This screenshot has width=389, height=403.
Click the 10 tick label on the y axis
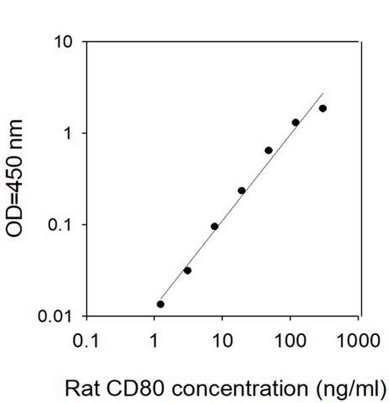(x=63, y=42)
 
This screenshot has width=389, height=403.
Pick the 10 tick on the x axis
(x=223, y=341)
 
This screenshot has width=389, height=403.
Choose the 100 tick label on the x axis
(x=290, y=341)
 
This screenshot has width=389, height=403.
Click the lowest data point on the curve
(x=160, y=304)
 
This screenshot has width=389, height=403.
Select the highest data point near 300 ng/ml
(x=323, y=108)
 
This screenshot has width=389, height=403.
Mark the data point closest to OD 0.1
(x=214, y=227)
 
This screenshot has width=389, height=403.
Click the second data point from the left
(x=187, y=271)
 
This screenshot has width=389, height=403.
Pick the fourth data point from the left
(x=241, y=191)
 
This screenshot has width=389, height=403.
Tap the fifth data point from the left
(x=269, y=150)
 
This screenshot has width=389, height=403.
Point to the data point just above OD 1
(x=296, y=123)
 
